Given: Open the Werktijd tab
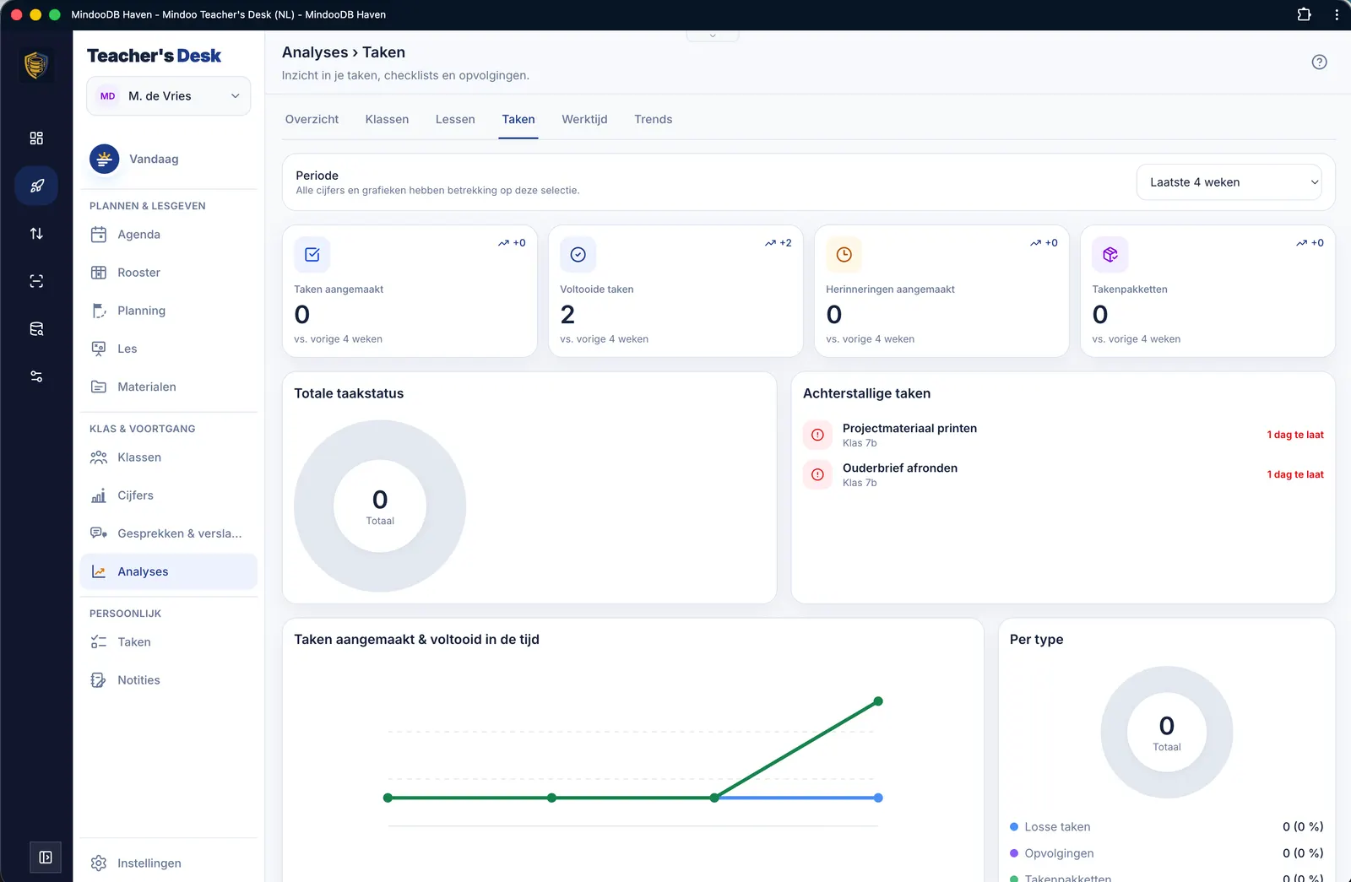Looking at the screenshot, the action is (583, 119).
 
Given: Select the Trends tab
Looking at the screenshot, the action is (653, 119).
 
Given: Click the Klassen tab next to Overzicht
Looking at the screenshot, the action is (387, 119).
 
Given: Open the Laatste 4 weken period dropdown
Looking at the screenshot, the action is (1229, 182).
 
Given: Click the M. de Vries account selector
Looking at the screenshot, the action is (168, 96).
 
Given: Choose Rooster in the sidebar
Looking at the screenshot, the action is (138, 273).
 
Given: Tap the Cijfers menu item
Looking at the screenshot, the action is (135, 495).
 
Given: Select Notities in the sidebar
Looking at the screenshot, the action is (138, 680).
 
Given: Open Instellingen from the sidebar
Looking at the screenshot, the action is (149, 863).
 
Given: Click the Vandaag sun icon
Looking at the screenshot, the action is (105, 159).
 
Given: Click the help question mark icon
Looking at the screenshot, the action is (1319, 62).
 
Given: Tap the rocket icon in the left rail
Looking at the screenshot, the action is (36, 185).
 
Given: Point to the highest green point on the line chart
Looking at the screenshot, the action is (878, 701).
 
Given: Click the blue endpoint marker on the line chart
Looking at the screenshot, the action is (878, 798).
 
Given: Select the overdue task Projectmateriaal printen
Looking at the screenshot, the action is (909, 428).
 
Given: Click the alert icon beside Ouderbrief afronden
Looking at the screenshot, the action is (817, 474).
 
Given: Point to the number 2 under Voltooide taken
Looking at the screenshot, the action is (567, 314).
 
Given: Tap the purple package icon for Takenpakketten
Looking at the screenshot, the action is (1110, 254).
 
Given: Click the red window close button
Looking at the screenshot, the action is (16, 14).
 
